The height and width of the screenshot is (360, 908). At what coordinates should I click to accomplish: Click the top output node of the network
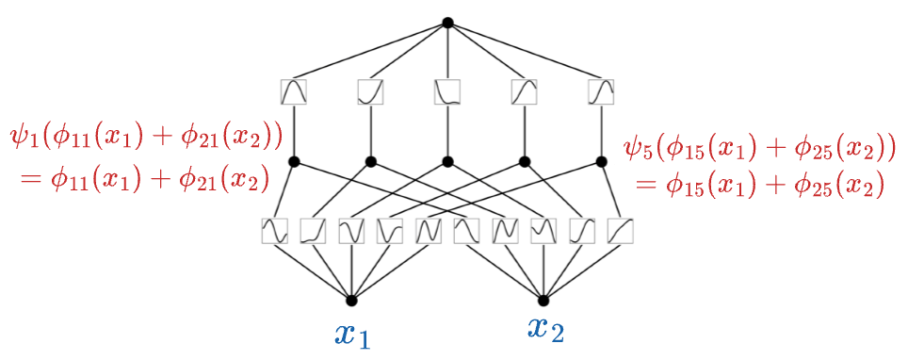(x=447, y=23)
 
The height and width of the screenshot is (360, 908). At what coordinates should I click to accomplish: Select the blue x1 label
(x=352, y=335)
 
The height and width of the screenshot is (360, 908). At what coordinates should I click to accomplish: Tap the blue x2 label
(x=545, y=329)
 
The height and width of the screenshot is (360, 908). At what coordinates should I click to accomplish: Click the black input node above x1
(x=351, y=301)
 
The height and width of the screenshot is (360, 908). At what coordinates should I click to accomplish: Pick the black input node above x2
(x=543, y=301)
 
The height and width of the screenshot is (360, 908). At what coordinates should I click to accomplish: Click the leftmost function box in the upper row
(x=294, y=91)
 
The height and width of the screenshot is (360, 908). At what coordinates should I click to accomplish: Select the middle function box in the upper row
(x=447, y=91)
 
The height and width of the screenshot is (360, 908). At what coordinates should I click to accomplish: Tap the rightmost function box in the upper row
(x=601, y=91)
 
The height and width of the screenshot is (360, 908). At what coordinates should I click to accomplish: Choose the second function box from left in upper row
(x=370, y=91)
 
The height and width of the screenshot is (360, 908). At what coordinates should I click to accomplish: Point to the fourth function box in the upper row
(x=524, y=91)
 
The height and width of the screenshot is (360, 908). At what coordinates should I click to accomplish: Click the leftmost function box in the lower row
(x=274, y=231)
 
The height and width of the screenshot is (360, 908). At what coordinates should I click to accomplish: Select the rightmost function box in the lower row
(x=620, y=231)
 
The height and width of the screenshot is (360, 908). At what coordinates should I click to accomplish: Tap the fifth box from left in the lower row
(x=428, y=231)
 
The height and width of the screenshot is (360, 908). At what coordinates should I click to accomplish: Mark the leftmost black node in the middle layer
(x=294, y=160)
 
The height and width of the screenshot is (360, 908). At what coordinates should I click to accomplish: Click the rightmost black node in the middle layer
(x=601, y=160)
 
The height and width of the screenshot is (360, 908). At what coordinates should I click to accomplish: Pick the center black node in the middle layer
(x=447, y=160)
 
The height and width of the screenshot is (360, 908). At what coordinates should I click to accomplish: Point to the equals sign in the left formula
(x=29, y=181)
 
